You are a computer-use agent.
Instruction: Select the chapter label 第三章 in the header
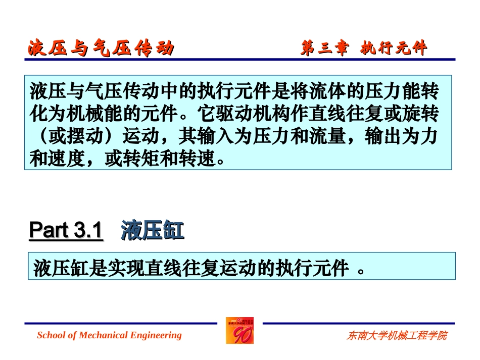(x=324, y=48)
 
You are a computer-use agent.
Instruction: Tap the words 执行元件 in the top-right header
(x=394, y=48)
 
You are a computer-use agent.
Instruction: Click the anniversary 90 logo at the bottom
(x=240, y=331)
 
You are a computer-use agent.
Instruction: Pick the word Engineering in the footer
(x=156, y=335)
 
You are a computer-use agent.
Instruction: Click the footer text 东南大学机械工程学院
(x=397, y=336)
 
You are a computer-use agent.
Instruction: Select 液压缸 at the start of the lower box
(x=52, y=268)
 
